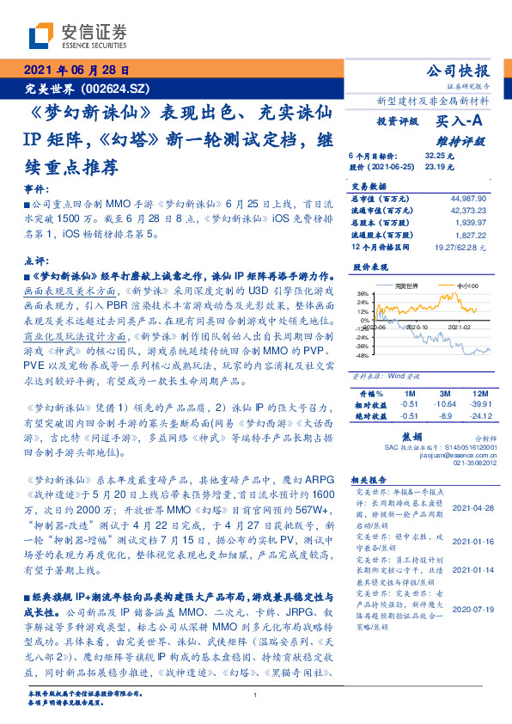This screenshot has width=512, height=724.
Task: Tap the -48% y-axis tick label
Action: [x=361, y=354]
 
